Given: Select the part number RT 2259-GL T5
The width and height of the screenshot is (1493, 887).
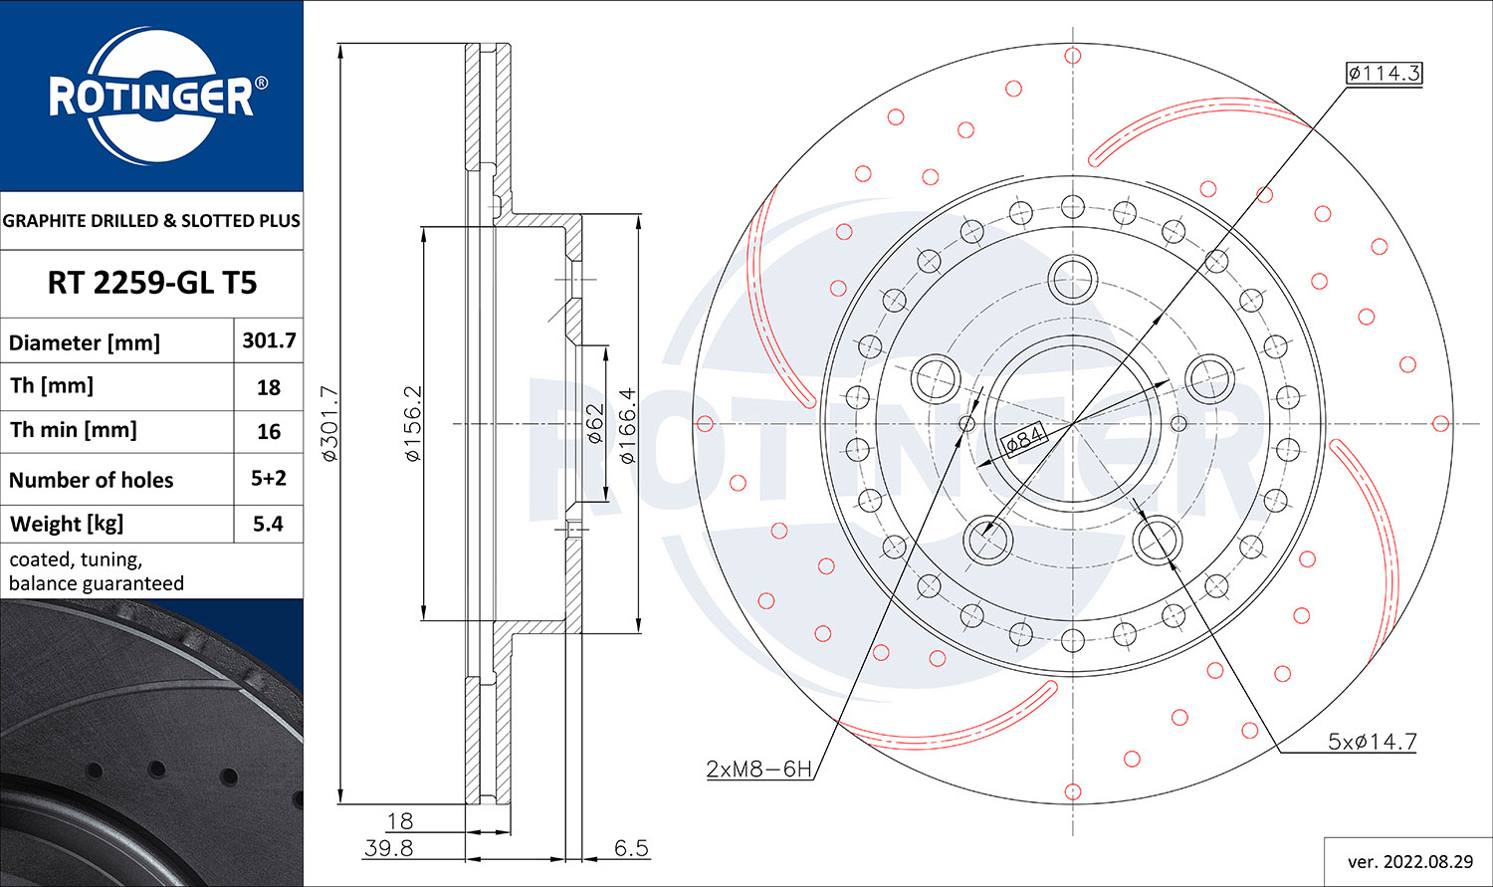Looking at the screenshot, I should [151, 283].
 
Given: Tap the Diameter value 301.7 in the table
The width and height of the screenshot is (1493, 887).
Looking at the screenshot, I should [269, 340].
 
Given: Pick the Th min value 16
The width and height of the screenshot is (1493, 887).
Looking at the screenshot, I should [269, 431].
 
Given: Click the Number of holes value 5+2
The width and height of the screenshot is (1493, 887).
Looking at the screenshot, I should [269, 478].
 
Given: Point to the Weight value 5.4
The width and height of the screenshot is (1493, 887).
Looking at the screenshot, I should [269, 524].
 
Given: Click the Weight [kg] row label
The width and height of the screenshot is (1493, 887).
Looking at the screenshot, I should [66, 524].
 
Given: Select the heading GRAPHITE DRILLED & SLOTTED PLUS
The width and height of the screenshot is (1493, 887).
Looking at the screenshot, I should [151, 221].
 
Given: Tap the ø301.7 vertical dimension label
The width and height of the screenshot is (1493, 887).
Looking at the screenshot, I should [330, 423].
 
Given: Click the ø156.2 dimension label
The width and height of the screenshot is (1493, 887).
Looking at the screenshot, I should [413, 423].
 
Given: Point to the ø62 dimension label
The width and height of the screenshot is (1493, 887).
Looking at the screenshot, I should [594, 423].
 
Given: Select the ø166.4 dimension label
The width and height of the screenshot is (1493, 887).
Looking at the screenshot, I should [627, 426].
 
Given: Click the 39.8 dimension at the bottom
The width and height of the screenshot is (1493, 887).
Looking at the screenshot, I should [388, 848].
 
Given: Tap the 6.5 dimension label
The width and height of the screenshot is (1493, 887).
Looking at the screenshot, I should [631, 848].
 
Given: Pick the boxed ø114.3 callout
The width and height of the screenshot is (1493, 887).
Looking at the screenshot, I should [1384, 73].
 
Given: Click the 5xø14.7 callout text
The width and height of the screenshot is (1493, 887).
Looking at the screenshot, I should [1372, 742].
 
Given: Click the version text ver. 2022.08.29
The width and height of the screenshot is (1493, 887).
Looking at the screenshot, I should [1409, 861].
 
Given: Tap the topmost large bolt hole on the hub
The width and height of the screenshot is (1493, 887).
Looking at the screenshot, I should [1072, 276].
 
